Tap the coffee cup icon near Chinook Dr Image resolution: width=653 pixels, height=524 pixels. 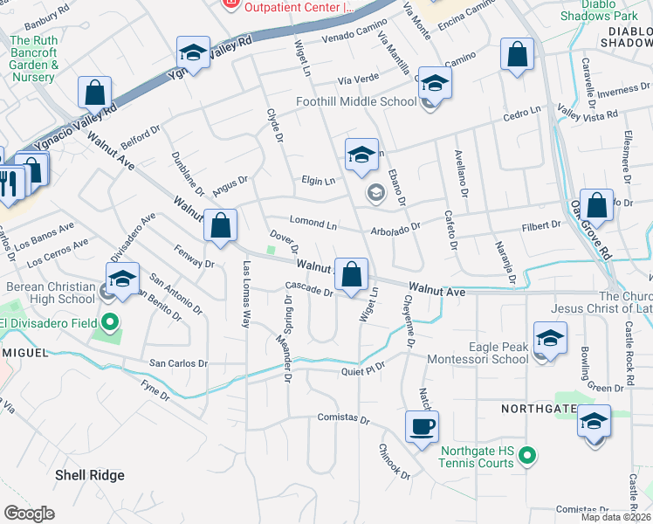click(x=423, y=427)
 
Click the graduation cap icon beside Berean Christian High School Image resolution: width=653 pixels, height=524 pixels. click(x=122, y=279)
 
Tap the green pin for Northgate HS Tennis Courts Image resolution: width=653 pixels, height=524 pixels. click(x=526, y=455)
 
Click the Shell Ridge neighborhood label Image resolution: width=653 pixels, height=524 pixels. click(x=89, y=475)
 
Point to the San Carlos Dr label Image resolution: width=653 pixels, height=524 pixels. click(x=179, y=363)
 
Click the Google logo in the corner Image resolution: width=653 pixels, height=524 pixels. click(x=29, y=514)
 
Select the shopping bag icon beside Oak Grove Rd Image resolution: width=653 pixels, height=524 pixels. click(x=597, y=207)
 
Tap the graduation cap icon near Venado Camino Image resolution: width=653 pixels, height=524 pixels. click(x=193, y=52)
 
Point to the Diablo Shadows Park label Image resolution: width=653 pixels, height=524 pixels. click(x=599, y=10)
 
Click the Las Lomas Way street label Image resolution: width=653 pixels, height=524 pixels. click(x=247, y=293)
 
